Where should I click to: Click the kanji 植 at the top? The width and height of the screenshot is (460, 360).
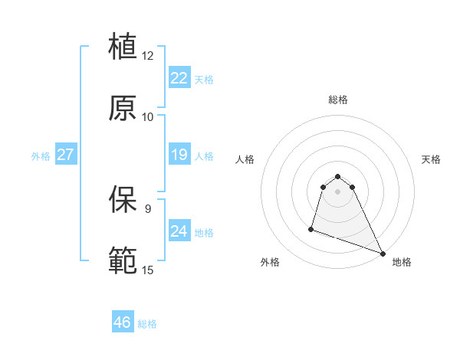click(x=123, y=45)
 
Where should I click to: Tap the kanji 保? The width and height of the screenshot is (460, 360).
click(x=123, y=198)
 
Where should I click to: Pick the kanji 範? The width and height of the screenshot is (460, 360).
click(x=123, y=260)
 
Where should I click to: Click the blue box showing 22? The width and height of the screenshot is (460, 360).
click(x=179, y=77)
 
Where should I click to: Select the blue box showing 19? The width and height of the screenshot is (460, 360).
click(x=179, y=155)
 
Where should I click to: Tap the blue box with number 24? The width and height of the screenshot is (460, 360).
click(x=179, y=231)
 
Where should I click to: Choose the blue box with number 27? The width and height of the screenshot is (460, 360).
click(x=65, y=155)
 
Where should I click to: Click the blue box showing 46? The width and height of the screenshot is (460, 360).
click(x=122, y=322)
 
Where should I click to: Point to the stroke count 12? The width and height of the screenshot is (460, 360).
click(x=147, y=56)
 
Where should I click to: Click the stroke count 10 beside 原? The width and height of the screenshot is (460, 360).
click(x=147, y=117)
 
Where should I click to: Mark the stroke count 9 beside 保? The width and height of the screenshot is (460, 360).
click(x=147, y=208)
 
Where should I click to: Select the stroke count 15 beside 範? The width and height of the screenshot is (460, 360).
click(x=147, y=270)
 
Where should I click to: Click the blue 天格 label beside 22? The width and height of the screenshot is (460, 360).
click(x=204, y=79)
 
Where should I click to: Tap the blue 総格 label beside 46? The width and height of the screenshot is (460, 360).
click(x=147, y=324)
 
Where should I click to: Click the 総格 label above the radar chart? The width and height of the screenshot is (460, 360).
click(x=338, y=100)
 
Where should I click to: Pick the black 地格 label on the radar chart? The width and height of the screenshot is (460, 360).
click(x=402, y=263)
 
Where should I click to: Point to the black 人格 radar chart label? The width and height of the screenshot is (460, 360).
click(x=245, y=159)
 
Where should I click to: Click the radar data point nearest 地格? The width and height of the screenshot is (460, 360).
click(x=382, y=254)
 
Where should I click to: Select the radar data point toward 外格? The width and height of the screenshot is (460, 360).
click(x=311, y=228)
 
